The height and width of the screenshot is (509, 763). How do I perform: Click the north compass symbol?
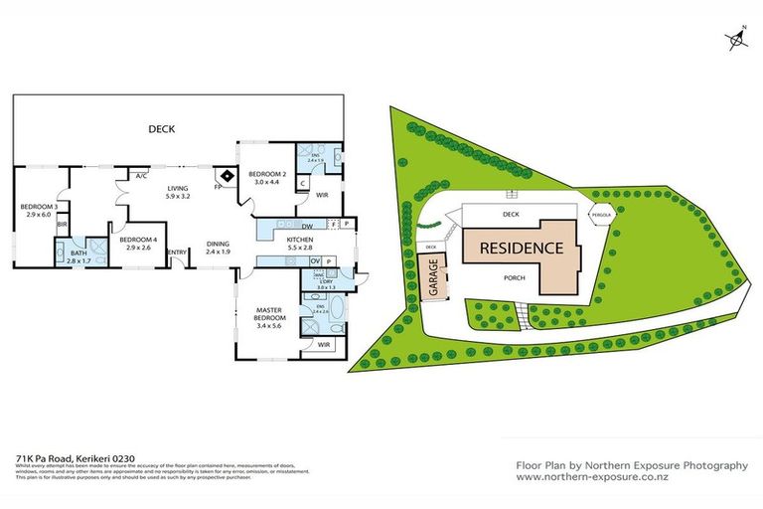click(736, 39)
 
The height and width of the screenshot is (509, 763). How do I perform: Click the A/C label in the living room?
click(141, 177)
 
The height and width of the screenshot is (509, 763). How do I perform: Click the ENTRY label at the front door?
click(179, 252)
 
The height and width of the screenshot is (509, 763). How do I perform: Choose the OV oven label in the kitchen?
click(314, 260)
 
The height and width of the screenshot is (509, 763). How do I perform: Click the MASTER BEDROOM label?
click(270, 315)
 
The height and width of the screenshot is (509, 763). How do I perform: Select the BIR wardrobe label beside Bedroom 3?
click(62, 225)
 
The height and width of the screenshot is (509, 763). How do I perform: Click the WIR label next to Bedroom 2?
click(322, 195)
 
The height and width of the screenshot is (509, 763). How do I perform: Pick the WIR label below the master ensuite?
click(324, 344)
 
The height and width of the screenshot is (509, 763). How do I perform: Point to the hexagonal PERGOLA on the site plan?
click(601, 215)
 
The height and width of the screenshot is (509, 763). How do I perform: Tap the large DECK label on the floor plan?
click(161, 128)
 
